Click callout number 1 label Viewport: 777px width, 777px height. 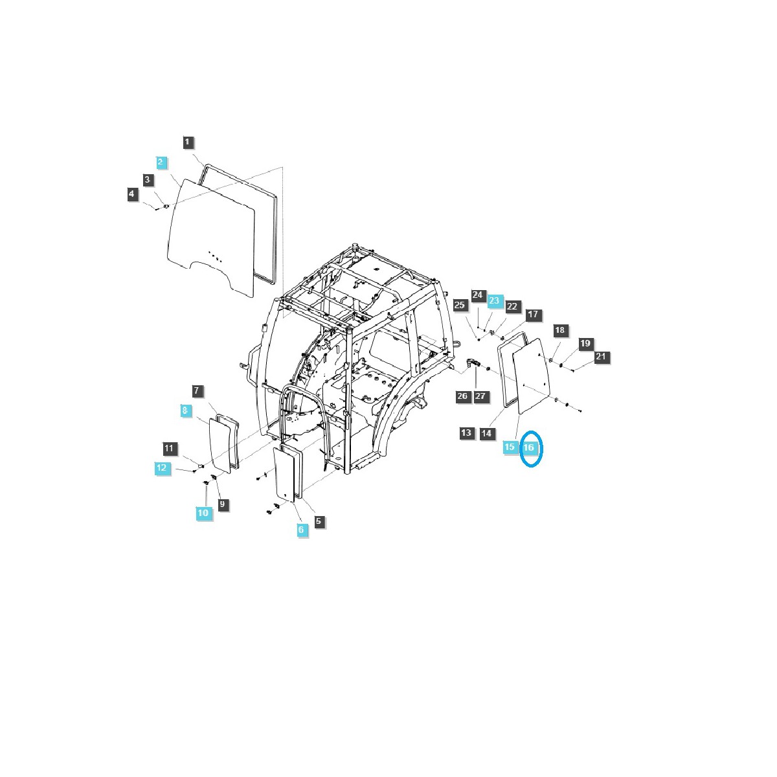pos(188,142)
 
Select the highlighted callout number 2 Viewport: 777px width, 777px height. pos(161,161)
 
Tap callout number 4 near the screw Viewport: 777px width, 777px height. pos(133,194)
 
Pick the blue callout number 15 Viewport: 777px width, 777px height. pos(510,447)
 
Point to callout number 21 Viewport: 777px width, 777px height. pos(601,357)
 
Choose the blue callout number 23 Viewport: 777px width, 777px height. pos(494,300)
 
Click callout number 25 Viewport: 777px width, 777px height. pos(460,305)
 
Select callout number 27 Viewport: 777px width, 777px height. pos(481,396)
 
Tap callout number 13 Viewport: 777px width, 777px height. pos(467,433)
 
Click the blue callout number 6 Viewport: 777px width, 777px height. pos(301,530)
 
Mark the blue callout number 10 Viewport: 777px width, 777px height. pos(204,513)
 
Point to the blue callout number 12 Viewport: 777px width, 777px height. pos(162,467)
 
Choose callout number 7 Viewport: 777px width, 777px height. pos(197,391)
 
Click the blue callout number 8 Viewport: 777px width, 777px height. pos(185,411)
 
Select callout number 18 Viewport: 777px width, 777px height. pos(560,330)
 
